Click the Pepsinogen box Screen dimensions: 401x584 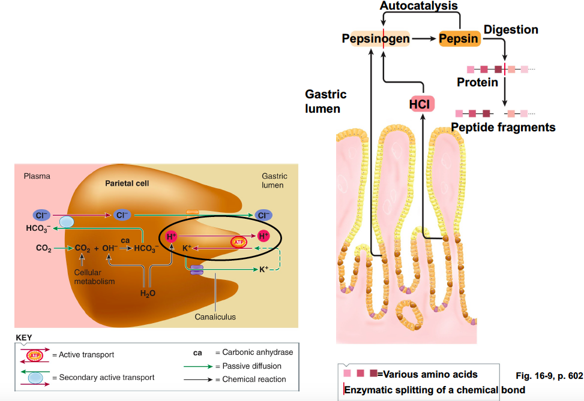[x=376, y=39]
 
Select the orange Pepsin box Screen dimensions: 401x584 [x=459, y=39]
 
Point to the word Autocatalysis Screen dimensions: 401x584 [x=419, y=6]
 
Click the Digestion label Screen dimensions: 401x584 [x=511, y=29]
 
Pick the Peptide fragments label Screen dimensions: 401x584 [x=503, y=127]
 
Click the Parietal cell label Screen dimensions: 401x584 [x=127, y=183]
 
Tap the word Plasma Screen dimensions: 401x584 [x=37, y=176]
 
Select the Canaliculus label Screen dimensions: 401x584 [x=215, y=316]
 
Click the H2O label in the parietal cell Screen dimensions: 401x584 [x=147, y=293]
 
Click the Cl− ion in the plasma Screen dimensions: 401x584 [x=41, y=215]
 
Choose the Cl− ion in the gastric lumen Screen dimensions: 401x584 [x=263, y=215]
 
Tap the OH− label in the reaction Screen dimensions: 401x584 [x=110, y=247]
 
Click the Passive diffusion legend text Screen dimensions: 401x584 [x=251, y=366]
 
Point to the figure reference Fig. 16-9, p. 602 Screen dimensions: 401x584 [x=549, y=376]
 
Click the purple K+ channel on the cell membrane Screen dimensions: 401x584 [x=197, y=271]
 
